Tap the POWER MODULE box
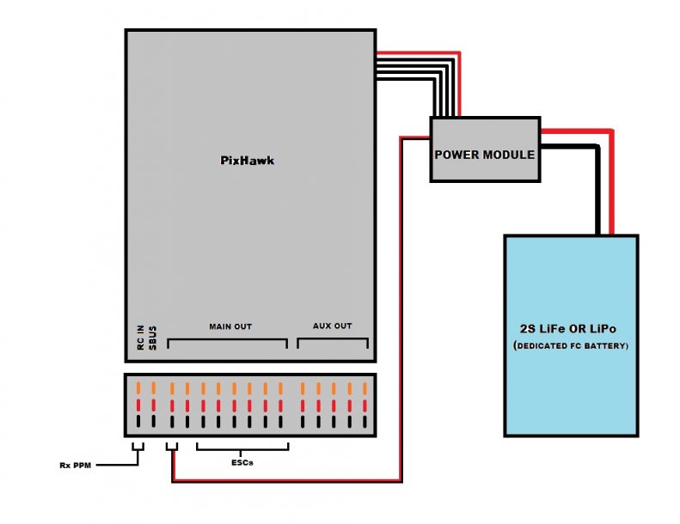(484, 155)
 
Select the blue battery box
(571, 283)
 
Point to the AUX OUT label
(333, 326)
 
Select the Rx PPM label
(76, 465)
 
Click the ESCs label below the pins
(242, 462)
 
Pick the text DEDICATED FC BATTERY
(571, 345)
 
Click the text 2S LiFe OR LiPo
(571, 329)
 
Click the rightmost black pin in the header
(365, 421)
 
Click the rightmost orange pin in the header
(365, 387)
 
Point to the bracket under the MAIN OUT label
(227, 341)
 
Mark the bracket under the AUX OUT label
(334, 341)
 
